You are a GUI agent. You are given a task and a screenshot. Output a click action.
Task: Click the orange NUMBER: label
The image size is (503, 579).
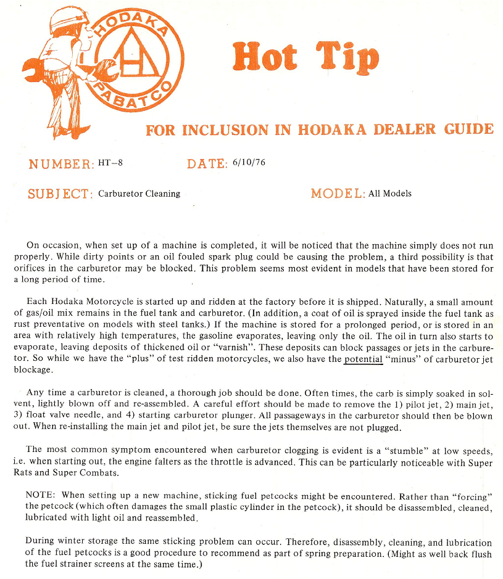click(x=61, y=164)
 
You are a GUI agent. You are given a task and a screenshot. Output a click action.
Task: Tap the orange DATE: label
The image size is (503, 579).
click(x=207, y=164)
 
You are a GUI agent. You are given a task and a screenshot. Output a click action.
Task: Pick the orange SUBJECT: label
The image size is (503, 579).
click(x=60, y=194)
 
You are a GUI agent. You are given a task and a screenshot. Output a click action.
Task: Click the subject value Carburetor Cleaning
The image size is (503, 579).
click(x=139, y=194)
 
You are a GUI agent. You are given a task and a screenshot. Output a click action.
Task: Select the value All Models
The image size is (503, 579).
click(x=390, y=194)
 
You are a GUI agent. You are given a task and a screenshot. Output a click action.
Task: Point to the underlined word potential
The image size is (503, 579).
click(x=364, y=359)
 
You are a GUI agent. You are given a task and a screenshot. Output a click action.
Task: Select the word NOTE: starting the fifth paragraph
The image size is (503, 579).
click(x=41, y=495)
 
